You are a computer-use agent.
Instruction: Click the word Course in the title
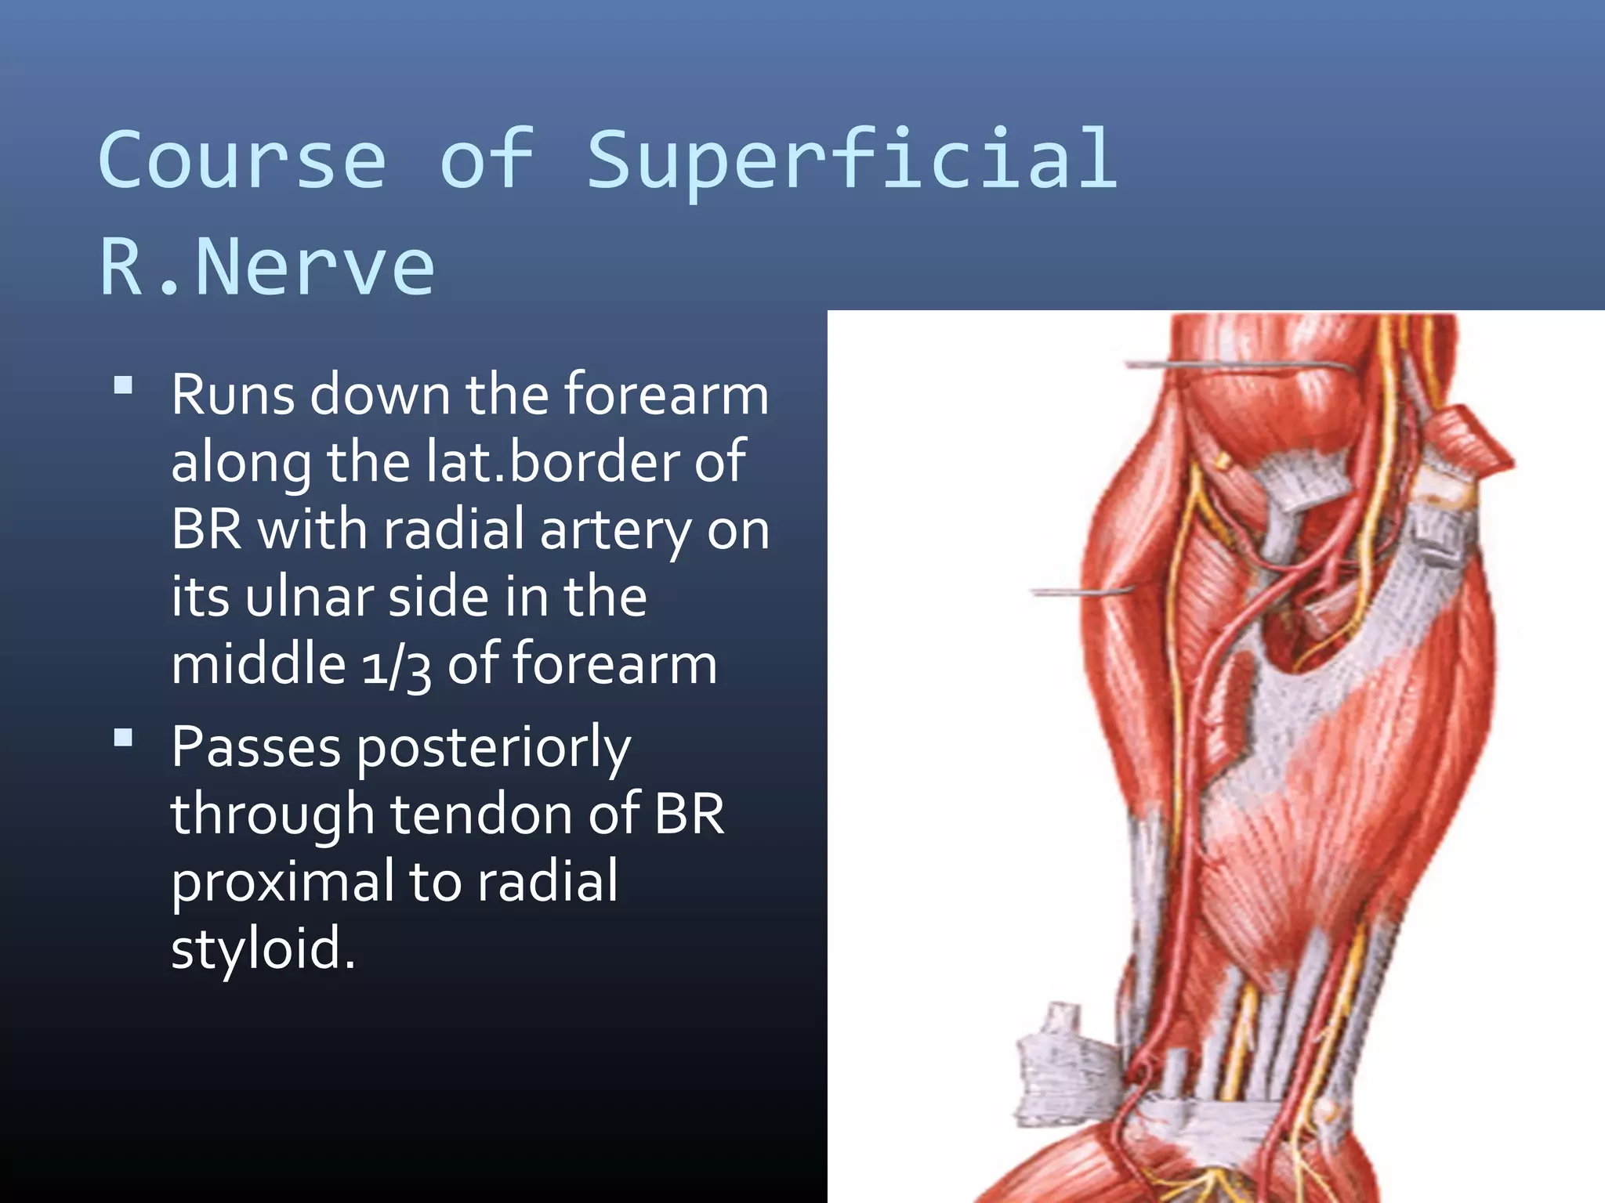(x=242, y=161)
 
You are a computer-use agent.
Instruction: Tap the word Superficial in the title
(x=852, y=161)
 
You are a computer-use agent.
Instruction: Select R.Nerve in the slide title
(x=266, y=267)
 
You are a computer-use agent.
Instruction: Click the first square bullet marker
(x=123, y=385)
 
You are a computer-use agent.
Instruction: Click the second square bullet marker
(x=123, y=738)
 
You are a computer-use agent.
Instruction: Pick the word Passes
(x=255, y=746)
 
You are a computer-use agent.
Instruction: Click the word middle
(x=258, y=664)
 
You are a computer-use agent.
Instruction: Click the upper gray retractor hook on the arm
(x=1238, y=366)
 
